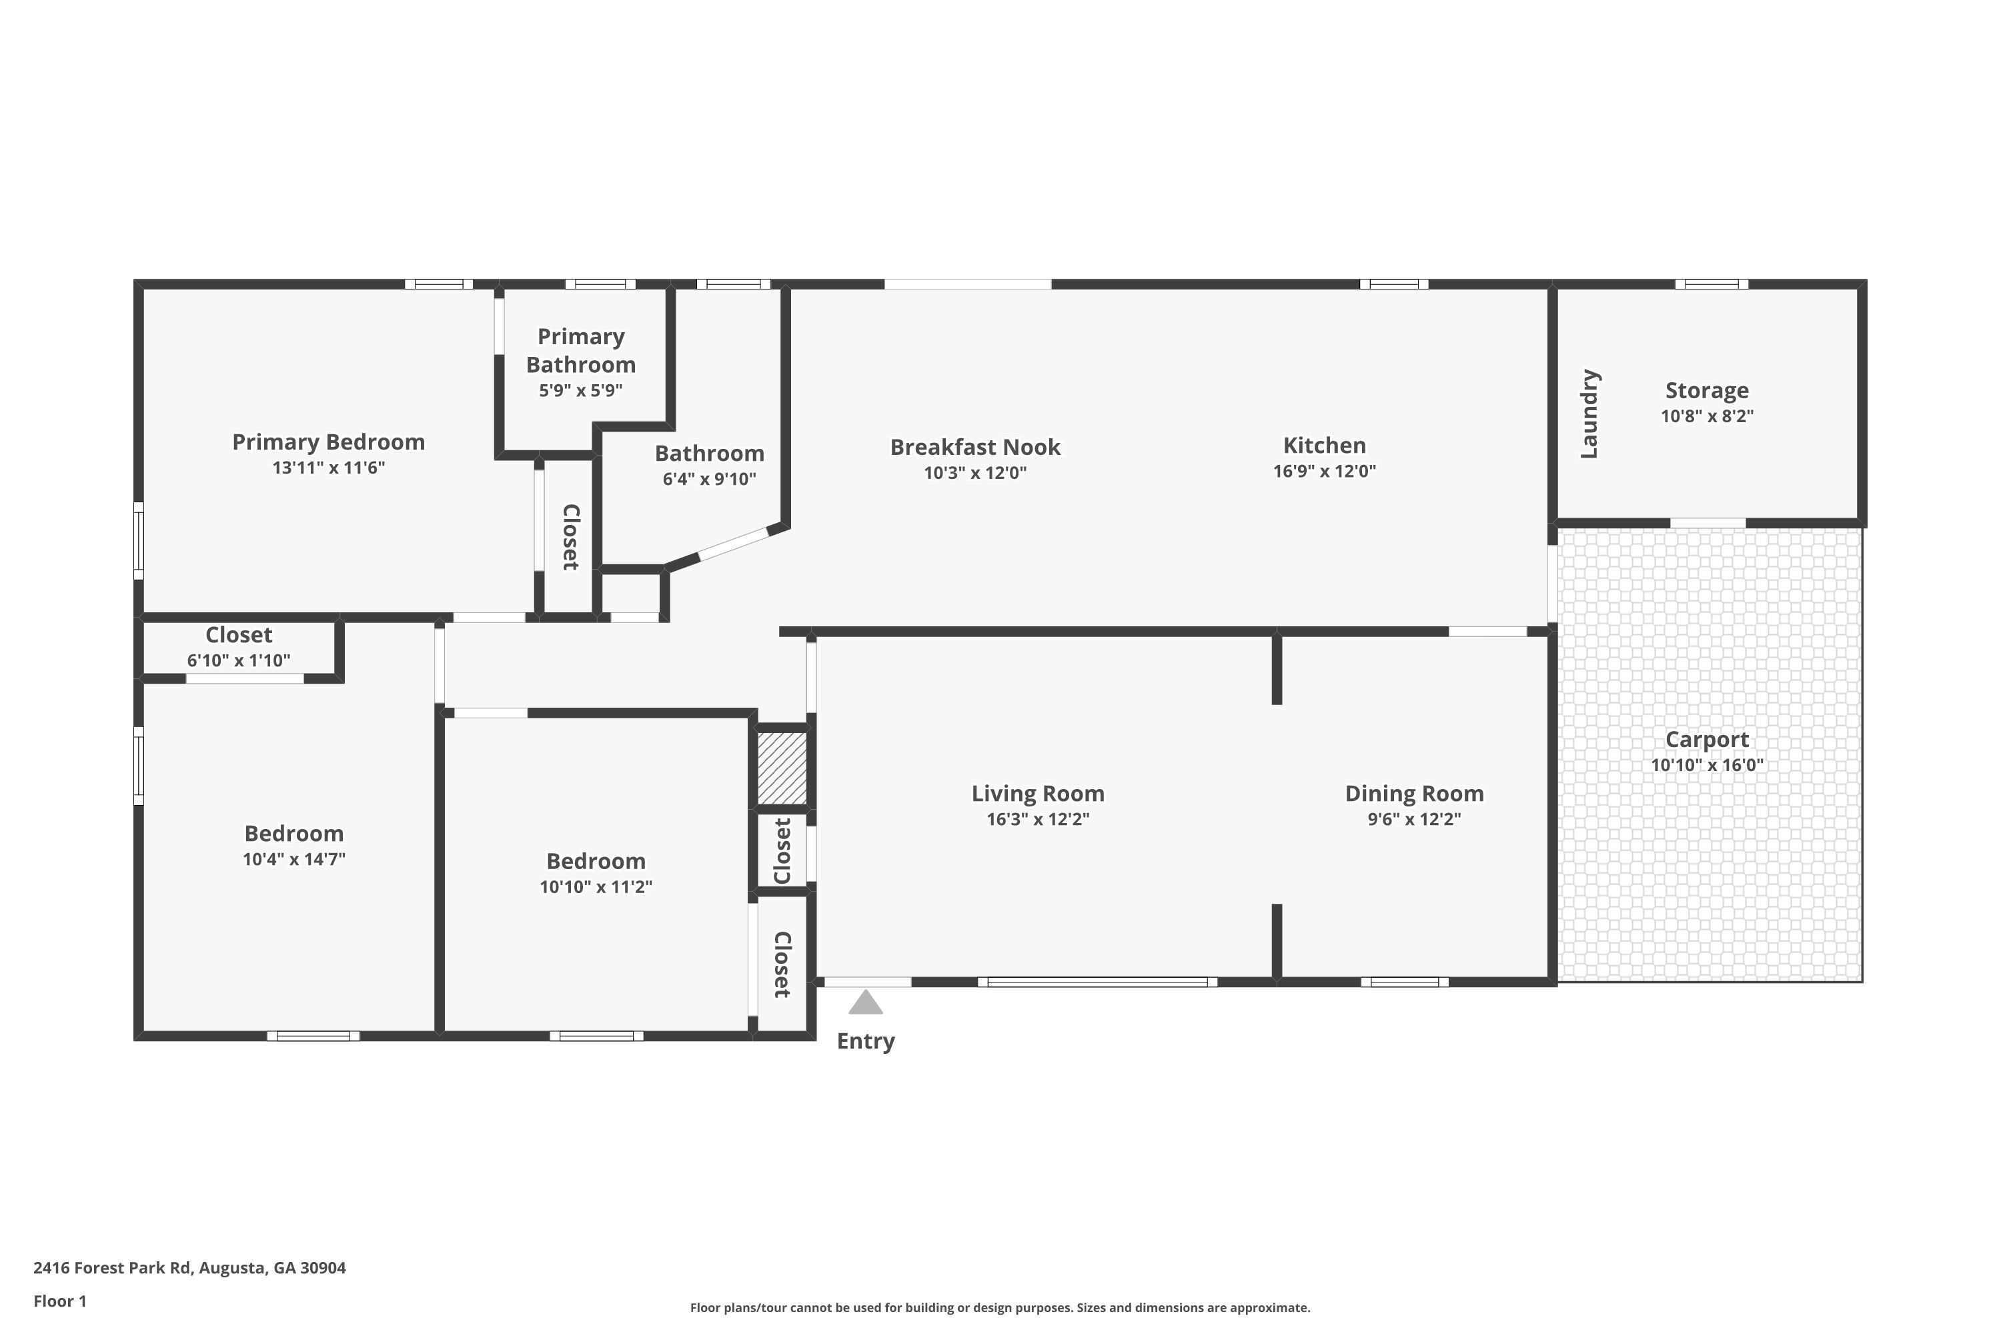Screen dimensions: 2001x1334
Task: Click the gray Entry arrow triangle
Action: coord(865,1003)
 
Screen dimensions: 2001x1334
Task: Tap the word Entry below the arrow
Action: coord(865,1042)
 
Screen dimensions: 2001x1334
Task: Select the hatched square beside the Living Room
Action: coord(782,768)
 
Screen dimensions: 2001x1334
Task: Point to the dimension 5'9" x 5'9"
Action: coord(581,390)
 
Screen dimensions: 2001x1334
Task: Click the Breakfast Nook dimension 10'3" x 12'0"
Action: coord(975,473)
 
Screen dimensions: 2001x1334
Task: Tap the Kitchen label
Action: coord(1325,446)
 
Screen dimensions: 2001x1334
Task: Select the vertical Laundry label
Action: coord(1589,414)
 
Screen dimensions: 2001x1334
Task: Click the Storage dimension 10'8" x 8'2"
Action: coord(1707,416)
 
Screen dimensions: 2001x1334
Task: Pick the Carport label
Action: coord(1707,740)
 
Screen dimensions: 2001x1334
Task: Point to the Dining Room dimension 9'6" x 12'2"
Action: coord(1414,819)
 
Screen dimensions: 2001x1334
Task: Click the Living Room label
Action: coord(1038,794)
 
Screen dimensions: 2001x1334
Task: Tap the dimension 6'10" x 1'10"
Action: coord(238,660)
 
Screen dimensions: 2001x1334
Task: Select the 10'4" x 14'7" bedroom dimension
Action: coord(293,859)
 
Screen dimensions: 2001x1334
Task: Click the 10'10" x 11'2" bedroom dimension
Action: coord(596,886)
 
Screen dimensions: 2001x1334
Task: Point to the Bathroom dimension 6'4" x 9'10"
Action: coord(710,479)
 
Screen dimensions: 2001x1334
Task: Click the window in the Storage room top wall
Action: coord(1712,284)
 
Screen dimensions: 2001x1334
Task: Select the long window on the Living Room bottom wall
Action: coord(1097,982)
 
